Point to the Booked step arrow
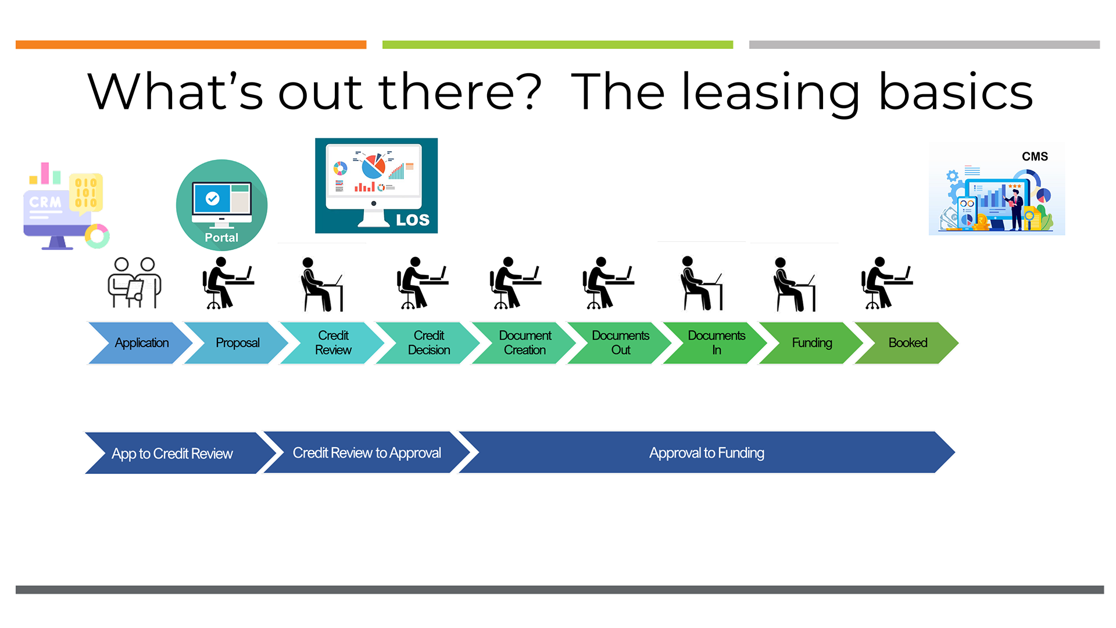pos(907,343)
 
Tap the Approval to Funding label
pos(707,453)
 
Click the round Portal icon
pos(221,205)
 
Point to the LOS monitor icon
pos(376,185)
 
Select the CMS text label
pos(1035,156)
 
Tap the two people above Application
pos(134,283)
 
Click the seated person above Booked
pos(887,283)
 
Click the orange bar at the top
pos(191,45)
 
